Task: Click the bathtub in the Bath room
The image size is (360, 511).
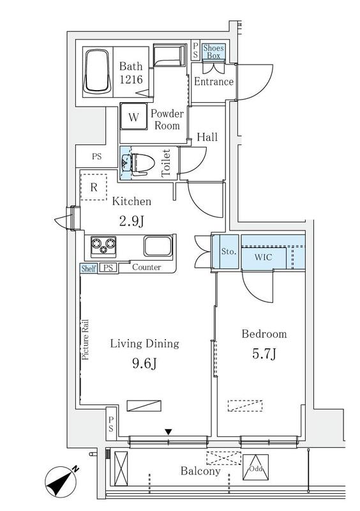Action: pos(96,71)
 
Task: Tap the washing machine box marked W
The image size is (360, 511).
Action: pos(133,117)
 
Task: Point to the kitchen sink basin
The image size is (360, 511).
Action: pos(158,246)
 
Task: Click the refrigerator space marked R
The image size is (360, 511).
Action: pos(94,187)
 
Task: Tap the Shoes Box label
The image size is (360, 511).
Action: pos(213,52)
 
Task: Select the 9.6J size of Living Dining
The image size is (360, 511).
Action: pos(145,363)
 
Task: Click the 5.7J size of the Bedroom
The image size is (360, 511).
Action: pos(264,353)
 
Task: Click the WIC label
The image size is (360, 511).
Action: pos(263,257)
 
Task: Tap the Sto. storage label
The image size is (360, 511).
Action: pos(229,252)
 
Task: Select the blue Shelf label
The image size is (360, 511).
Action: pos(89,268)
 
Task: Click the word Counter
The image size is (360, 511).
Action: pos(147,267)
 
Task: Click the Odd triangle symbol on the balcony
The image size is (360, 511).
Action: pos(255,468)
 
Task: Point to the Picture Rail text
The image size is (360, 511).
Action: pos(86,340)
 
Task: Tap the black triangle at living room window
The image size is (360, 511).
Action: pos(168,432)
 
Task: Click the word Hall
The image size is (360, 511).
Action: pos(207,137)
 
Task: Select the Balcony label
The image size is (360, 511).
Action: pos(200,471)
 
